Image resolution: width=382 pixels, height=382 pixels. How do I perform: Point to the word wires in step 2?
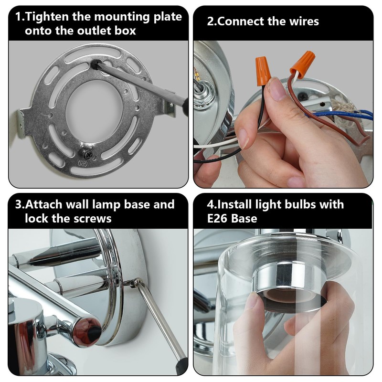coord(302,21)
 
